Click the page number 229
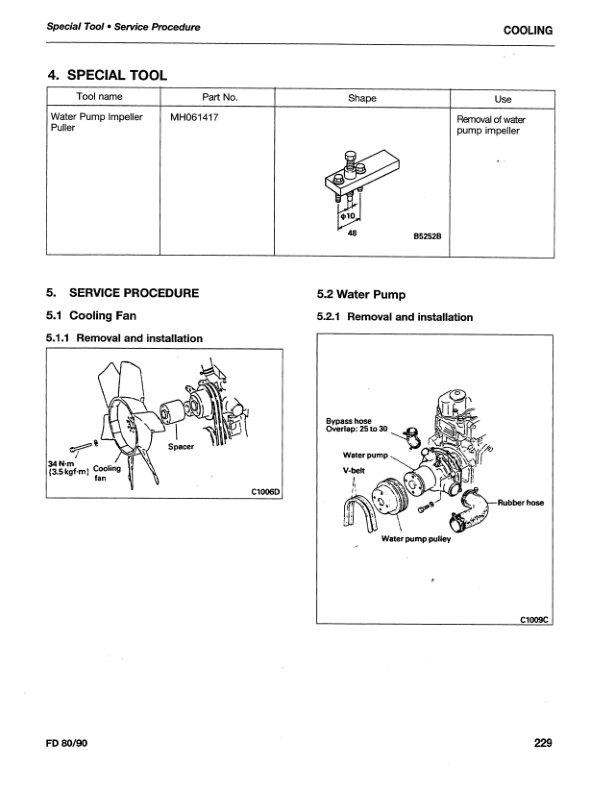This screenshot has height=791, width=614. pos(543,742)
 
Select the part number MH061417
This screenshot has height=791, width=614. pos(196,118)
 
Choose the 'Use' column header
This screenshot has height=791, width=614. pos(503,99)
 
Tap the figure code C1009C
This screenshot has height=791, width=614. pos(535,619)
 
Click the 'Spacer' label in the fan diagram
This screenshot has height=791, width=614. pos(181,447)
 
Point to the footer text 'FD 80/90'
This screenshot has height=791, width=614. pos(68,742)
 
